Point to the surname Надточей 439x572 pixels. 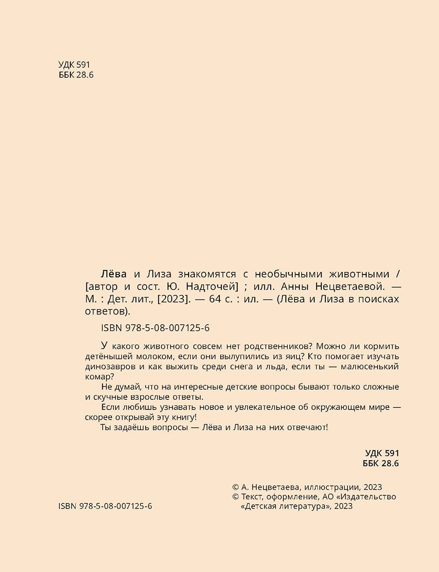tap(214, 287)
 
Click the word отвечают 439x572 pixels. tap(306, 427)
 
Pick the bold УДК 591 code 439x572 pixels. tap(382, 453)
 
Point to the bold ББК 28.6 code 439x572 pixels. tap(381, 463)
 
